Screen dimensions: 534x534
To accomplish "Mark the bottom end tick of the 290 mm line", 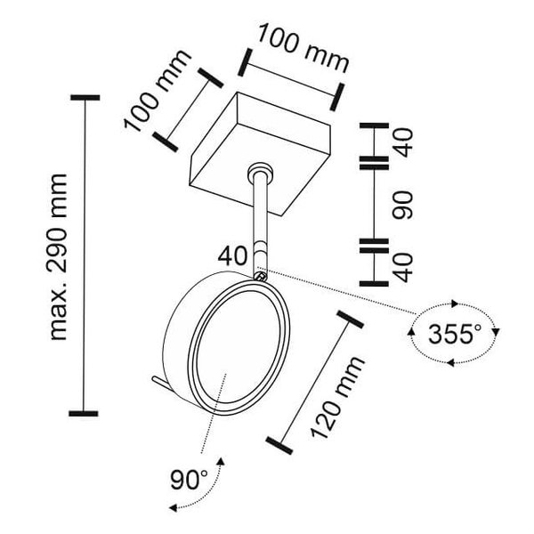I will [85, 413].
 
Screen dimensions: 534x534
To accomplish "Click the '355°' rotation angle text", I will [454, 336].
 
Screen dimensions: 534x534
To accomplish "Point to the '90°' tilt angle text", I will [188, 481].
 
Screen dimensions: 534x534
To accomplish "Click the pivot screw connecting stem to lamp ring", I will [260, 277].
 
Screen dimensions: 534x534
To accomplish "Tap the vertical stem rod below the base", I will [260, 218].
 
